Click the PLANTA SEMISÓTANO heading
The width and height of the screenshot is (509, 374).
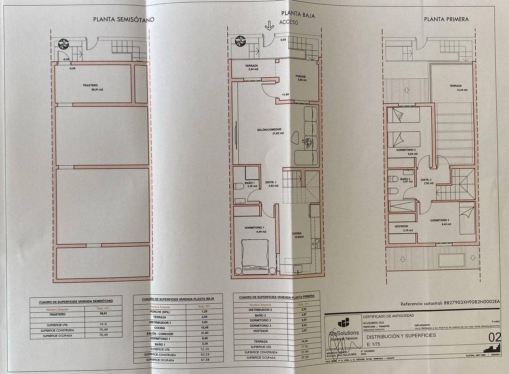point(124,19)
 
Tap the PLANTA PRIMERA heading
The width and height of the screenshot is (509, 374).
point(446,19)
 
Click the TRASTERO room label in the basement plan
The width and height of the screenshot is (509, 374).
point(90,86)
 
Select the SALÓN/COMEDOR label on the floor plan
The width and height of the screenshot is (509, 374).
point(269,130)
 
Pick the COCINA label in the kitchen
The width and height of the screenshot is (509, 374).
point(297,233)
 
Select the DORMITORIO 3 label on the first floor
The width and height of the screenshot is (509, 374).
point(440,220)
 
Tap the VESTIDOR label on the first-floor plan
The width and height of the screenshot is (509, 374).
point(401,226)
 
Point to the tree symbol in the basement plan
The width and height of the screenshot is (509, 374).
point(63,44)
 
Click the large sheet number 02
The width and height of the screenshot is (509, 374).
point(495,338)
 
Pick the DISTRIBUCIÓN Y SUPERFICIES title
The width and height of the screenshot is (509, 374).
point(401,336)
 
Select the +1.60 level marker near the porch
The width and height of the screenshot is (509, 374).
point(285,95)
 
